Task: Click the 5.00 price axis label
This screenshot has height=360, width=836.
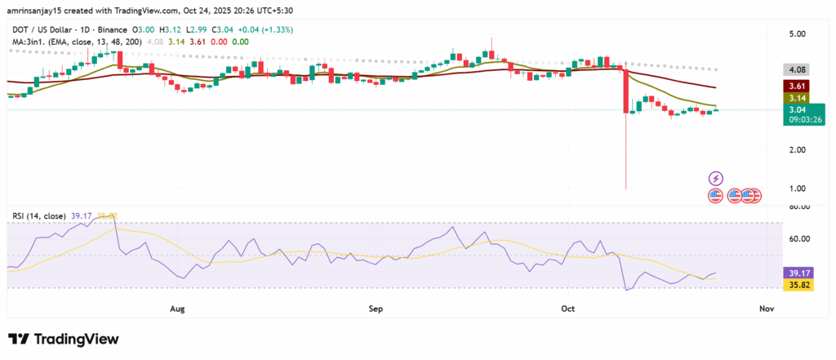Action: coord(794,33)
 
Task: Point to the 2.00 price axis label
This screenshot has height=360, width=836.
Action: coord(794,150)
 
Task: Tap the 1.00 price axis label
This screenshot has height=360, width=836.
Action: coord(794,189)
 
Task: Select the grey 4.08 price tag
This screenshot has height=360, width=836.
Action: coord(794,70)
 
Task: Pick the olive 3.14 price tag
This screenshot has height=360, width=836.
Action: coord(794,97)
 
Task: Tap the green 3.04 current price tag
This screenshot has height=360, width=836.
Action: coord(794,109)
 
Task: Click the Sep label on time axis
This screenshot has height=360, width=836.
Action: coord(376,309)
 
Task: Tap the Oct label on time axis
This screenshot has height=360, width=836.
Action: coord(569,309)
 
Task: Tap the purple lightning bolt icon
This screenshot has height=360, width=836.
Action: coord(716,178)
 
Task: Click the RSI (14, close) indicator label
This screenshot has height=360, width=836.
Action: coord(38,216)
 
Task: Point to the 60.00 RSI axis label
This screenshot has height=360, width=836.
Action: coord(794,239)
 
